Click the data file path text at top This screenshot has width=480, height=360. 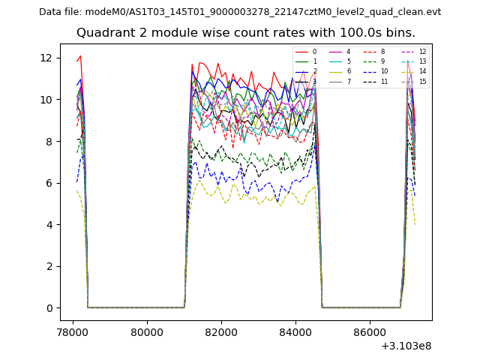pyautogui.click(x=240, y=12)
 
